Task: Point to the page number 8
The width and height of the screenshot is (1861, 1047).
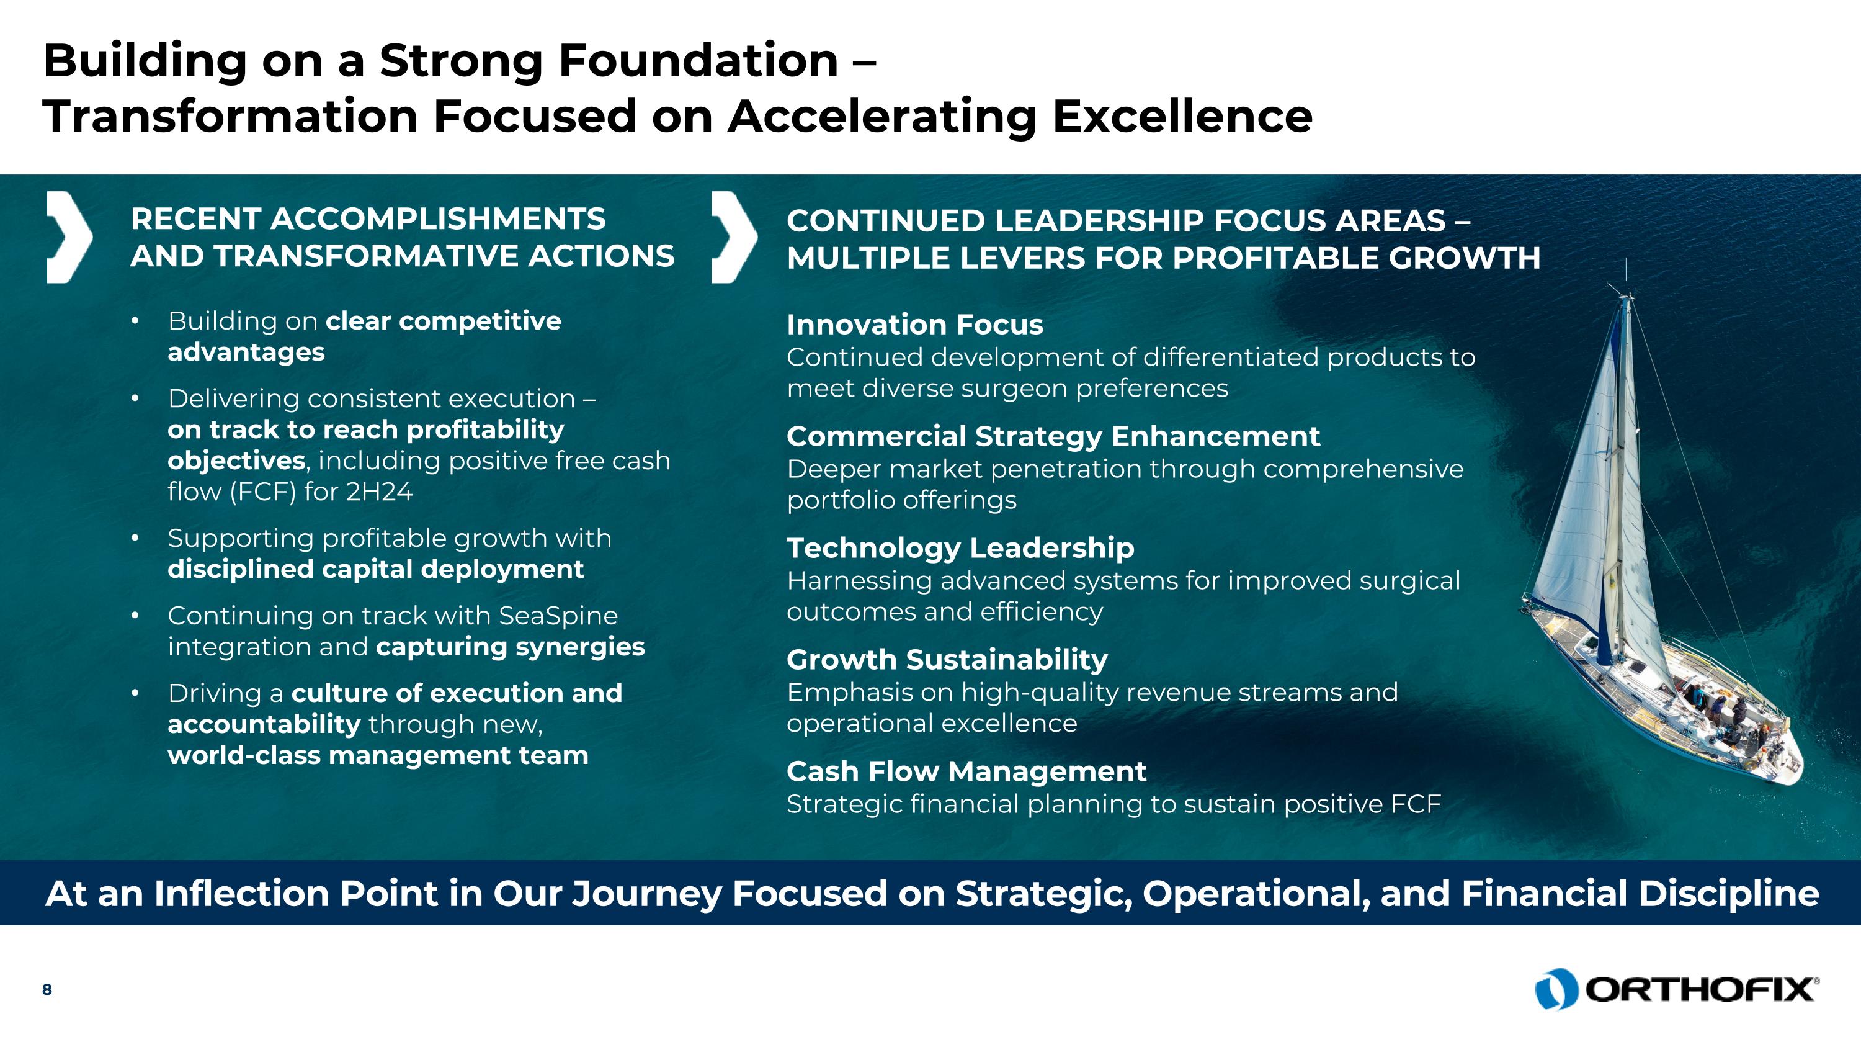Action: pos(47,989)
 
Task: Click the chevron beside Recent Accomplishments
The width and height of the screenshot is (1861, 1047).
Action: pos(69,237)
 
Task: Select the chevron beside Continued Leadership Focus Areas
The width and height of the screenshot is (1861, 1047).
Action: pos(733,237)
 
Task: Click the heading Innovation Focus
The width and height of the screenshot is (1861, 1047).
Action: pos(914,325)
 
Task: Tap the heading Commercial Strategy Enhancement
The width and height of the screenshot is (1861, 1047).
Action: pos(1053,436)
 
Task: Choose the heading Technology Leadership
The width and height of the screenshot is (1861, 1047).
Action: pos(960,549)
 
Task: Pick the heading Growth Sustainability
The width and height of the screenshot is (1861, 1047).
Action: pos(947,660)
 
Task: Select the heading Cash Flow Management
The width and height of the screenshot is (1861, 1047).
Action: pos(966,771)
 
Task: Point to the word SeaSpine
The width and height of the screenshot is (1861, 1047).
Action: pos(558,616)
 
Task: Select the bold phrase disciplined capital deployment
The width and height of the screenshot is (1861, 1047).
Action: pos(375,569)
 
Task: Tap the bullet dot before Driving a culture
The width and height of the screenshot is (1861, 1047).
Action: pos(135,693)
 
